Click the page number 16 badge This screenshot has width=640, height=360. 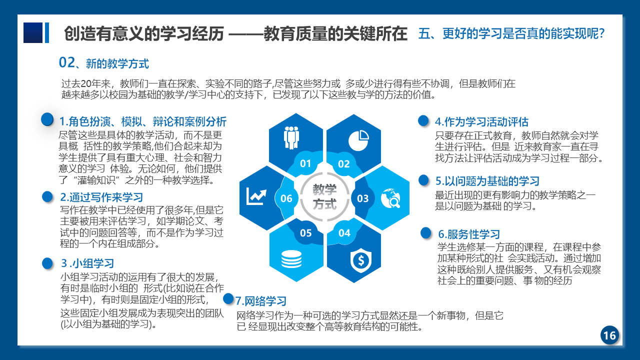pos(609,335)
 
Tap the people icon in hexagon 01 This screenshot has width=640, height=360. pos(291,137)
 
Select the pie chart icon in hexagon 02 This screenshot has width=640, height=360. pos(358,140)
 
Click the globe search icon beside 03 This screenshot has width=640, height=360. pos(390,198)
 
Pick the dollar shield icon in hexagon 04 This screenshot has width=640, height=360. pos(361,260)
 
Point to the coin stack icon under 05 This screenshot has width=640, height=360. pos(291,259)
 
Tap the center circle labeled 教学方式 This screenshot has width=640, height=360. pos(324,197)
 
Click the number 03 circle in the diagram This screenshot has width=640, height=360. pos(362,198)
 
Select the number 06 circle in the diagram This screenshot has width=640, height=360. pos(286,198)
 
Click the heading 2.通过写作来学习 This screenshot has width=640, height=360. pos(101,197)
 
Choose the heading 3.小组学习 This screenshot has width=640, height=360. pos(87,263)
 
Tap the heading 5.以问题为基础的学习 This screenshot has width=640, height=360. pos(487,181)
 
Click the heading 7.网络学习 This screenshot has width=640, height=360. pos(260,301)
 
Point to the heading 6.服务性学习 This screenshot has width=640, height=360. pos(469,234)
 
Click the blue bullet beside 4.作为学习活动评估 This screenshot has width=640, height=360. pos(423,120)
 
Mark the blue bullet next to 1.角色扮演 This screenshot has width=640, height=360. pos(47,119)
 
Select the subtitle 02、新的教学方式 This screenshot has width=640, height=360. pos(103,63)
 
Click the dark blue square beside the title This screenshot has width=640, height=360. pos(33,33)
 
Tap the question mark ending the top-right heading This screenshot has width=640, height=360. pos(601,33)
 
